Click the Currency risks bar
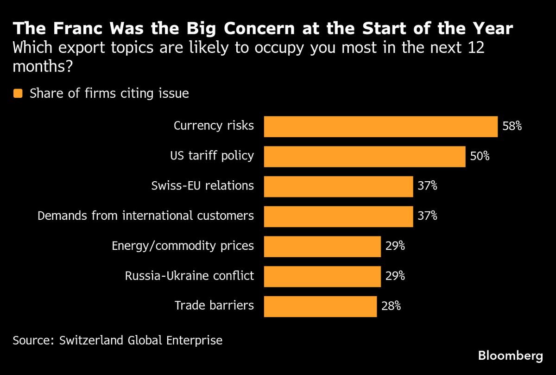click(380, 127)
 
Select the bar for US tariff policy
click(364, 157)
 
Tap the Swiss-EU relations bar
click(338, 186)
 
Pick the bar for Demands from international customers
click(338, 216)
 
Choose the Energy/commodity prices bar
click(322, 246)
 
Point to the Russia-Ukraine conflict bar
click(322, 276)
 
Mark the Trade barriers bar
click(320, 306)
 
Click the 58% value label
click(512, 127)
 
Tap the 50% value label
click(480, 157)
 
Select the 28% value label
click(391, 306)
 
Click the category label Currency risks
click(214, 126)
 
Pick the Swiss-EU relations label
click(202, 186)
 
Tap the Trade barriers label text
click(214, 306)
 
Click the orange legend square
click(18, 94)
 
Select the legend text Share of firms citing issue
click(109, 94)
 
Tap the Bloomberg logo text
click(510, 356)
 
